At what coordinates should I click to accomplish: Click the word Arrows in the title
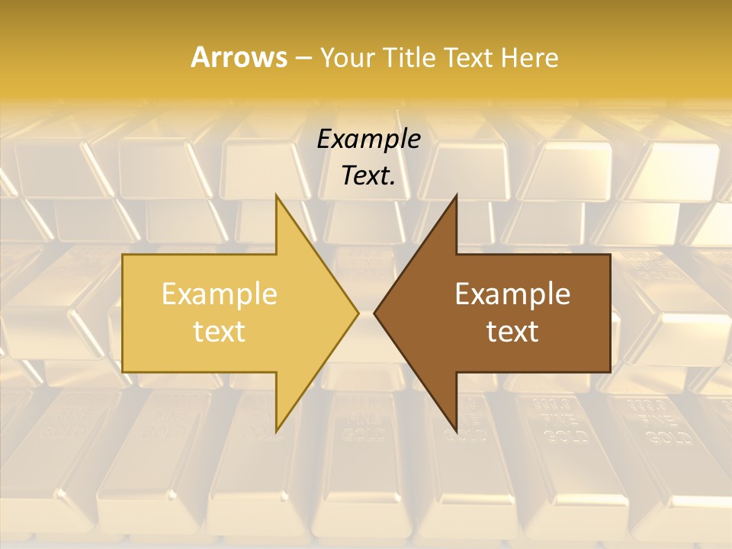238,57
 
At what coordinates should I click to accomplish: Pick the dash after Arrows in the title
303,59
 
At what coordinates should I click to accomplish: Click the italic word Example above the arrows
369,139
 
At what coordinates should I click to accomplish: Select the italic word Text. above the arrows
369,175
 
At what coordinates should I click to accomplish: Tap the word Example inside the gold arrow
220,294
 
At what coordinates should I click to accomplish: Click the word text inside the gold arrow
220,332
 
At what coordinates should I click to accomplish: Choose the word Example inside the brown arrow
512,294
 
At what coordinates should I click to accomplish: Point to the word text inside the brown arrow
512,332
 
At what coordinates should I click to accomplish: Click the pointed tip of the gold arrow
358,313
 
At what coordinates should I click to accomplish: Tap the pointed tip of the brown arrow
374,313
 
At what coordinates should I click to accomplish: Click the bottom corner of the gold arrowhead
276,431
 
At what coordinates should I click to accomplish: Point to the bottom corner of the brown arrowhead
456,431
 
